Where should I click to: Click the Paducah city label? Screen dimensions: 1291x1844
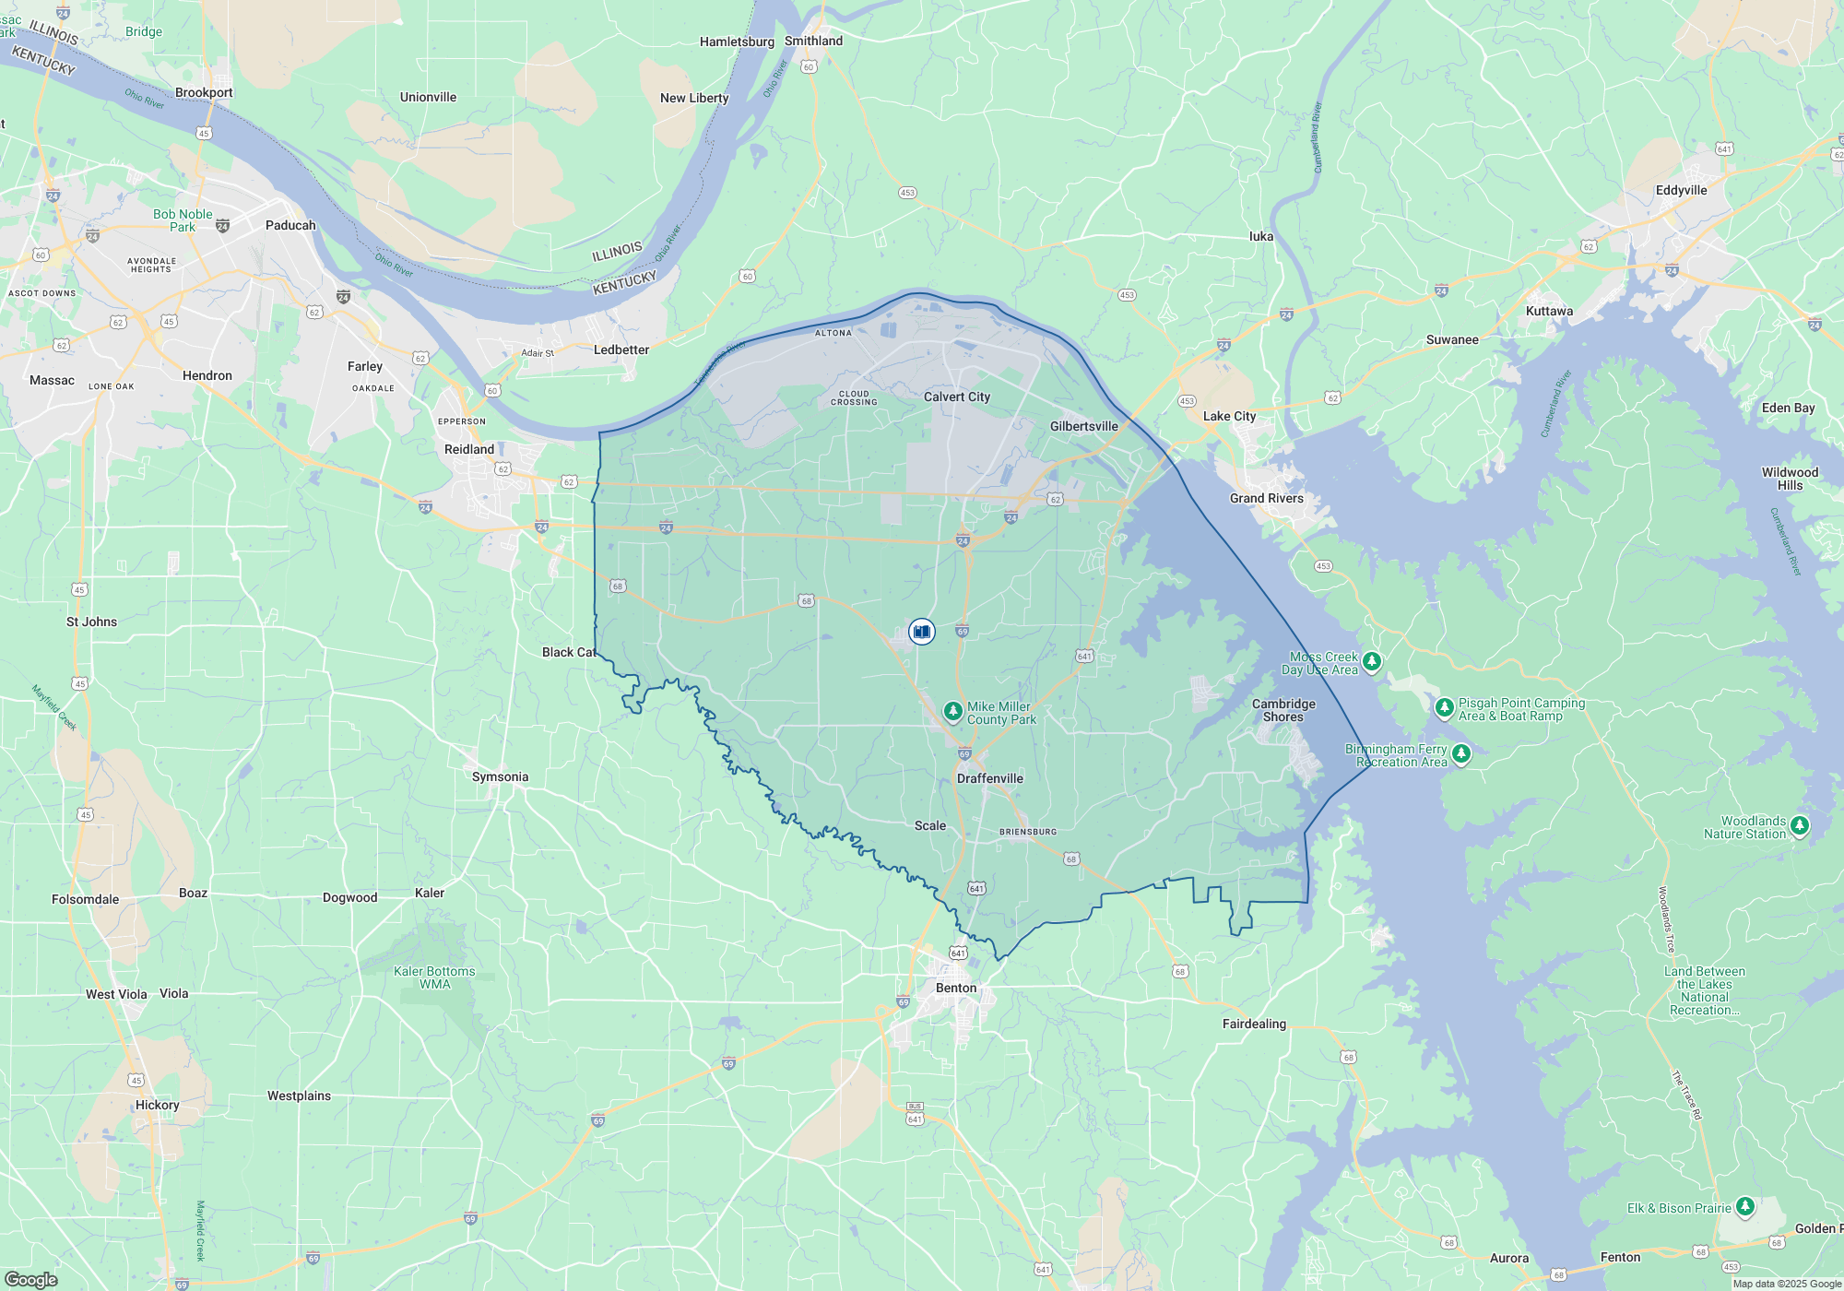(290, 225)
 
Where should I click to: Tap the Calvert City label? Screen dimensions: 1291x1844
(957, 397)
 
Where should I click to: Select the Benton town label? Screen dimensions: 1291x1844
(955, 988)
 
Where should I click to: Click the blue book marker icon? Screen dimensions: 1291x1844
(921, 632)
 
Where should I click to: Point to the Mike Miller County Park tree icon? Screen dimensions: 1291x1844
(953, 712)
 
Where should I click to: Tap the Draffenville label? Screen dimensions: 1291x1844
(989, 778)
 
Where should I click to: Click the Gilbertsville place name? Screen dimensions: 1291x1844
(1083, 426)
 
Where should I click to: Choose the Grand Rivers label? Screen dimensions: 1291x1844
(1266, 498)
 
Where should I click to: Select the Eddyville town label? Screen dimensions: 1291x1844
(1681, 190)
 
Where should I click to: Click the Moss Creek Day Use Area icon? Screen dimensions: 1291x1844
(1372, 661)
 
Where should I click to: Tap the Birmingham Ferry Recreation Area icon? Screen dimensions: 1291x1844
(1461, 754)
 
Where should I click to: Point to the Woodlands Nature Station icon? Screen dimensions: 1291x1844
(1800, 826)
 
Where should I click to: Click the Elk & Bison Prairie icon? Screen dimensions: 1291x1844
(1744, 1207)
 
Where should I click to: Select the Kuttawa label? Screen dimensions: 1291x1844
(1549, 311)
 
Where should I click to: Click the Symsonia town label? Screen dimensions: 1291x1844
(500, 776)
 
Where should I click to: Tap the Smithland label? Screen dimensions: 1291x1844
(813, 41)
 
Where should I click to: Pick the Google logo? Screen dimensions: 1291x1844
(31, 1279)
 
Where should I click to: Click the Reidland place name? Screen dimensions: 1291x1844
(469, 449)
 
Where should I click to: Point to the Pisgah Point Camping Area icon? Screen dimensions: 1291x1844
(1444, 708)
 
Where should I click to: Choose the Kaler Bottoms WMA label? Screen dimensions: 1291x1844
(434, 977)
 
